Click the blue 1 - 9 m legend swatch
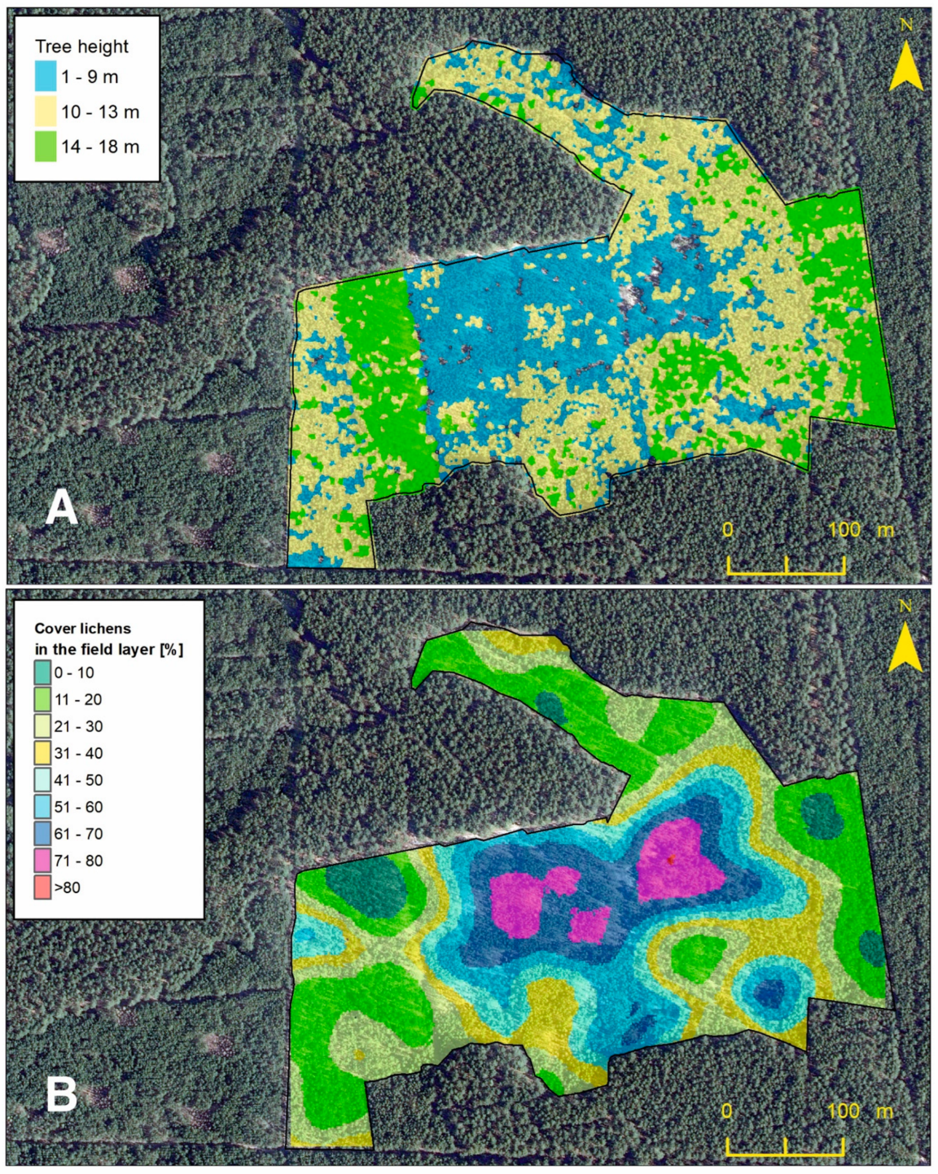coord(45,76)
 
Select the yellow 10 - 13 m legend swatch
coord(45,112)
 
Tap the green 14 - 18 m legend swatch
coord(45,146)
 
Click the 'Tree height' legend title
coord(82,47)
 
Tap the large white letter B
coord(61,1079)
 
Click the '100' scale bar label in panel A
coord(844,529)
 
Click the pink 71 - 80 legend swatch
coord(42,860)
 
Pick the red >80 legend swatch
coord(42,888)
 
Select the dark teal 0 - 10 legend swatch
coord(42,673)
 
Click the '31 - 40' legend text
coord(78,753)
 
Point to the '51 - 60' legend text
coord(78,807)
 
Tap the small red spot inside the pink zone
coord(671,859)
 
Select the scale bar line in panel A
coord(786,573)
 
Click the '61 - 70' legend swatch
coord(42,834)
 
